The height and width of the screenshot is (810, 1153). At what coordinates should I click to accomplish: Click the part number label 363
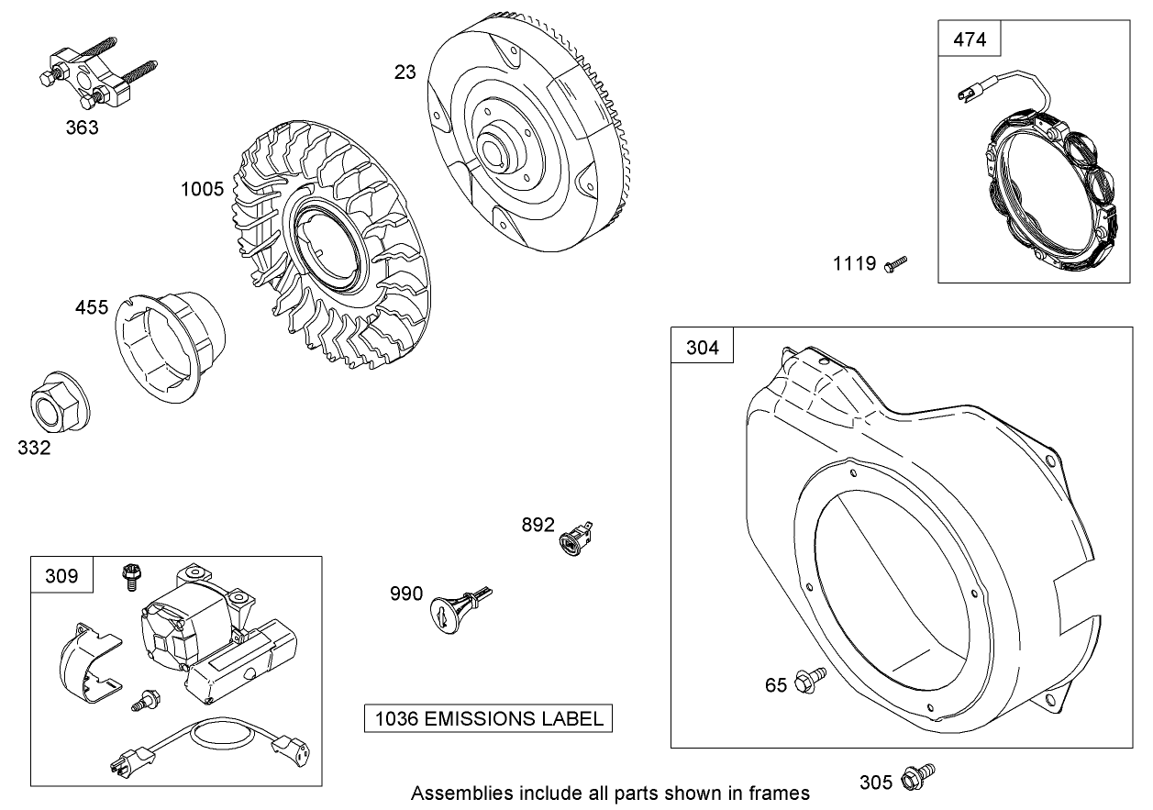[x=82, y=128]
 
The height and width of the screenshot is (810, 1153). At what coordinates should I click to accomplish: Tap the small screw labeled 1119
[x=895, y=264]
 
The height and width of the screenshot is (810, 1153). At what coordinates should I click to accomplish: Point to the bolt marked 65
[x=809, y=679]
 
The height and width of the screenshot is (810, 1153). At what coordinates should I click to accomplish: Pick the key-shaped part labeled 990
[x=456, y=606]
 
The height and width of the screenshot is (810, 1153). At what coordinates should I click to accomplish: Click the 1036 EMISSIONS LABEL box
[x=488, y=718]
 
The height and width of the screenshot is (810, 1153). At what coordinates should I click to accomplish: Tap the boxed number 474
[x=970, y=39]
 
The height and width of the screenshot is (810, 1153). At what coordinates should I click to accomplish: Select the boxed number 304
[x=703, y=348]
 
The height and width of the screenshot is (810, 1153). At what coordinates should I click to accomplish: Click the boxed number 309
[x=61, y=576]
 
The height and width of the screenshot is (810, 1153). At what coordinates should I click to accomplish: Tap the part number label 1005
[x=202, y=189]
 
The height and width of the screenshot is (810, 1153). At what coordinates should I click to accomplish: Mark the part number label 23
[x=405, y=72]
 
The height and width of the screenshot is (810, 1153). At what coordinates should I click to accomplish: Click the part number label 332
[x=34, y=448]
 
